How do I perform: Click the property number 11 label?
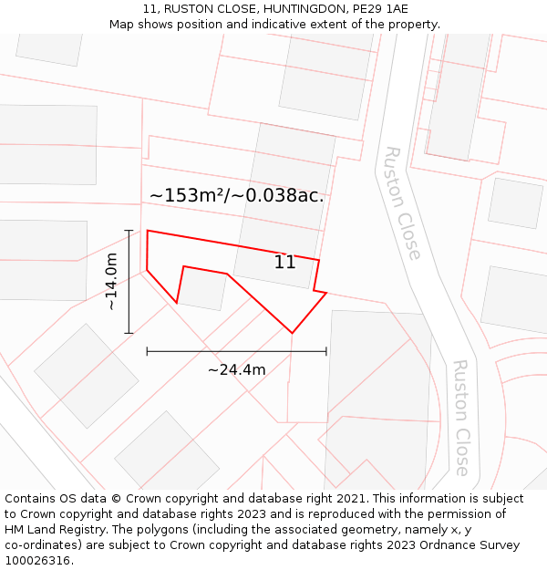click(x=284, y=263)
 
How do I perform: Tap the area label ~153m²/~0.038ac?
click(x=236, y=195)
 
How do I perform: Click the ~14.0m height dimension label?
click(x=111, y=281)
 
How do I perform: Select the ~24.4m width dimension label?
click(x=236, y=369)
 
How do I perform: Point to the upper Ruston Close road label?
click(x=402, y=202)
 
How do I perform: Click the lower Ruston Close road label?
click(x=461, y=418)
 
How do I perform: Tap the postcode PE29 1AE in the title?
click(x=377, y=9)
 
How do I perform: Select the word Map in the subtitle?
click(x=122, y=25)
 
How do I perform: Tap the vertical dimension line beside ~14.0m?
click(x=129, y=281)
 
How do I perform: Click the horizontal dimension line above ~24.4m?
click(x=236, y=350)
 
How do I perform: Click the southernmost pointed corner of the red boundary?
click(x=292, y=333)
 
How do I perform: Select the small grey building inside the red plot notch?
click(x=202, y=290)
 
